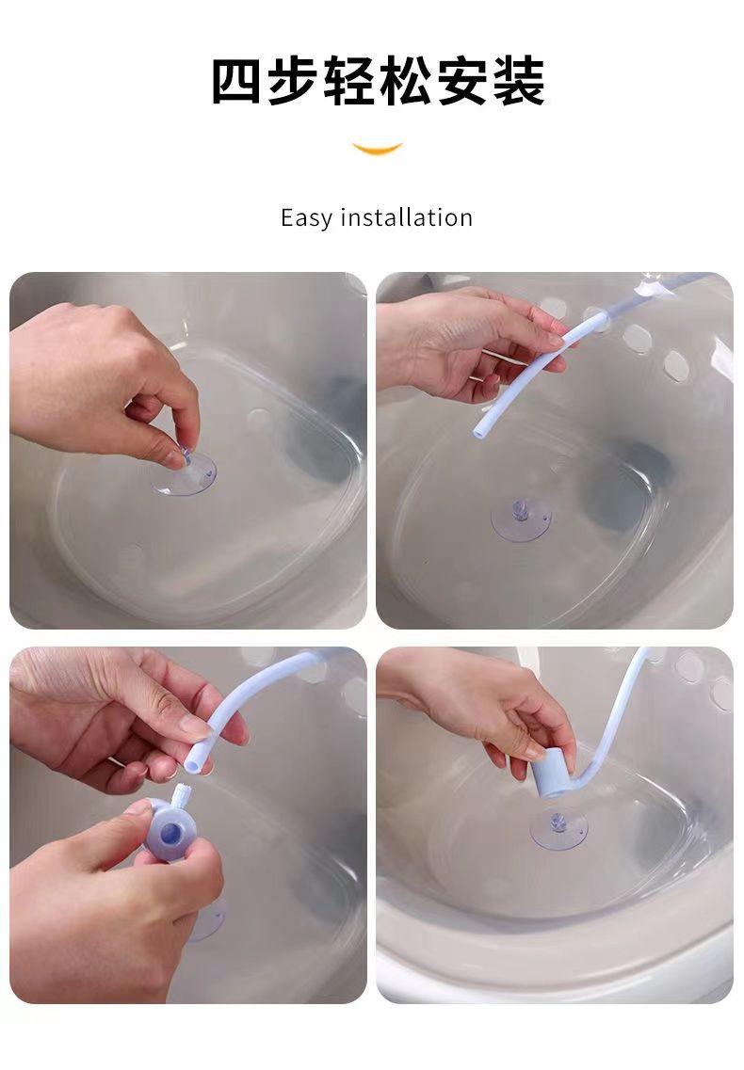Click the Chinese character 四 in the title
point(236,81)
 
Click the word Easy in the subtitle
point(305,218)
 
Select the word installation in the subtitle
point(407,217)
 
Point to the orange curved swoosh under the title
point(377,148)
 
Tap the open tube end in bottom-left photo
point(193,767)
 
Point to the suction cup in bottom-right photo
point(558,829)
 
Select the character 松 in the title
point(405,81)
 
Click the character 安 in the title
point(461,81)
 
